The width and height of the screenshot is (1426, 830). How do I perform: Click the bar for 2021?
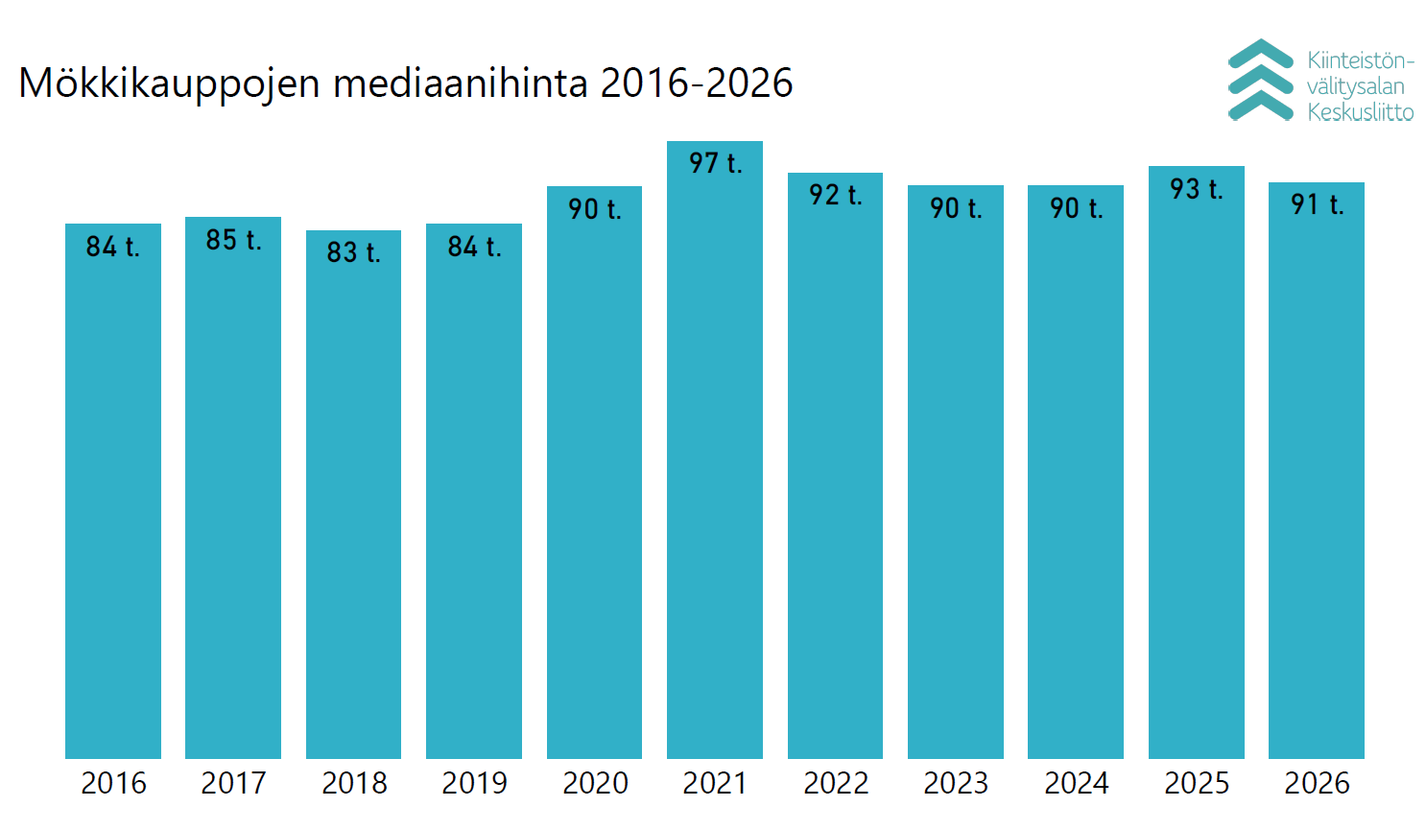tap(714, 449)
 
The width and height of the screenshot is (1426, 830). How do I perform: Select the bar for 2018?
tap(353, 494)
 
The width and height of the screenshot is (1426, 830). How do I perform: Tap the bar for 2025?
tap(1197, 462)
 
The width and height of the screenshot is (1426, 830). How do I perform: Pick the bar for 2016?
tap(112, 490)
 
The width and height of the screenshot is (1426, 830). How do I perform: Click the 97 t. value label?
tap(716, 163)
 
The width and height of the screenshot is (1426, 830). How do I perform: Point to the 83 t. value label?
tap(353, 252)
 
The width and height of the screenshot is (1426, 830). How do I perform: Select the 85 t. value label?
tap(233, 240)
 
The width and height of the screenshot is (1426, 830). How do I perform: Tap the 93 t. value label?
tap(1197, 189)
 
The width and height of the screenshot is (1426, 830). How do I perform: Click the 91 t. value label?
tap(1318, 204)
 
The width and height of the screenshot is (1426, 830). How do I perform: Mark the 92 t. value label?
tap(836, 195)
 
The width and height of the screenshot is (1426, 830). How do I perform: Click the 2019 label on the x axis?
tap(474, 783)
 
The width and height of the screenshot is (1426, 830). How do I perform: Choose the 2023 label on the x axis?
tap(956, 783)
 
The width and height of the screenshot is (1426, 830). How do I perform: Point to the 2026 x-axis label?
tap(1317, 783)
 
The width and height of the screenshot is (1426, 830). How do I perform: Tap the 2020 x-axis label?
tap(595, 783)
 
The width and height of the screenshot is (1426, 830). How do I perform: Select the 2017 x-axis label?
tap(233, 783)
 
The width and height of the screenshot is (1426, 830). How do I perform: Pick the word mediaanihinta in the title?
tap(461, 83)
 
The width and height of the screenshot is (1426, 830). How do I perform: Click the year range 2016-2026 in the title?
tap(697, 83)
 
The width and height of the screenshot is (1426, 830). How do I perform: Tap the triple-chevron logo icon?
tap(1261, 80)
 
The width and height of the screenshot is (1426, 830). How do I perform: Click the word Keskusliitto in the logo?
tap(1361, 112)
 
